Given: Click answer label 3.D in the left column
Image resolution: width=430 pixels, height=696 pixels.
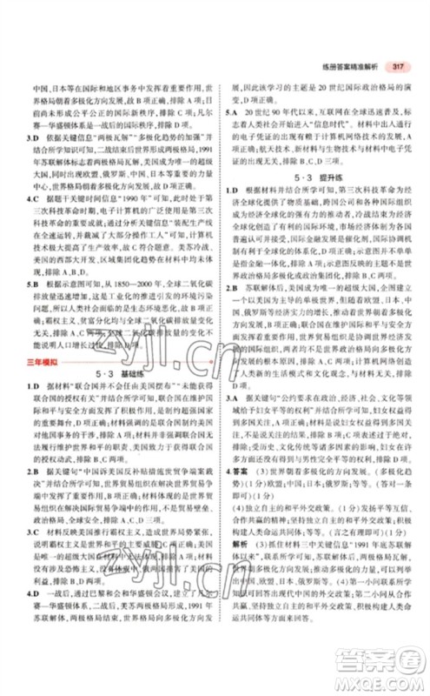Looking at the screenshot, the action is tap(34, 136).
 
